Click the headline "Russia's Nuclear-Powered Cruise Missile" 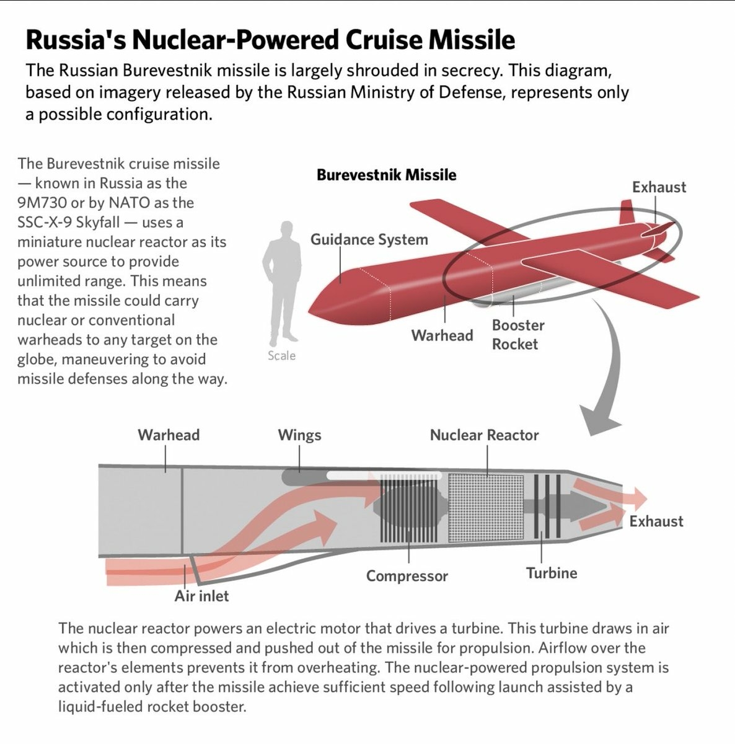[x=270, y=40]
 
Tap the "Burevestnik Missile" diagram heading [x=386, y=175]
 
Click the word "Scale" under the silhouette [x=281, y=356]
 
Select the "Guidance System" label [x=369, y=239]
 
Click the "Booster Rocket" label [x=517, y=334]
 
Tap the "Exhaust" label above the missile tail [x=659, y=187]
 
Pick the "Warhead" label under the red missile [x=442, y=335]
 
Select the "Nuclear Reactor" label [x=484, y=435]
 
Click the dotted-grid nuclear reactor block [x=485, y=506]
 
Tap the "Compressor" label [x=407, y=576]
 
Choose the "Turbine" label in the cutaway [x=551, y=573]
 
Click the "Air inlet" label [x=201, y=596]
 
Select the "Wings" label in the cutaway [x=299, y=435]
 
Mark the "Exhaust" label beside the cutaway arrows [x=656, y=521]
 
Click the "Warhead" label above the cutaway [x=169, y=435]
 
